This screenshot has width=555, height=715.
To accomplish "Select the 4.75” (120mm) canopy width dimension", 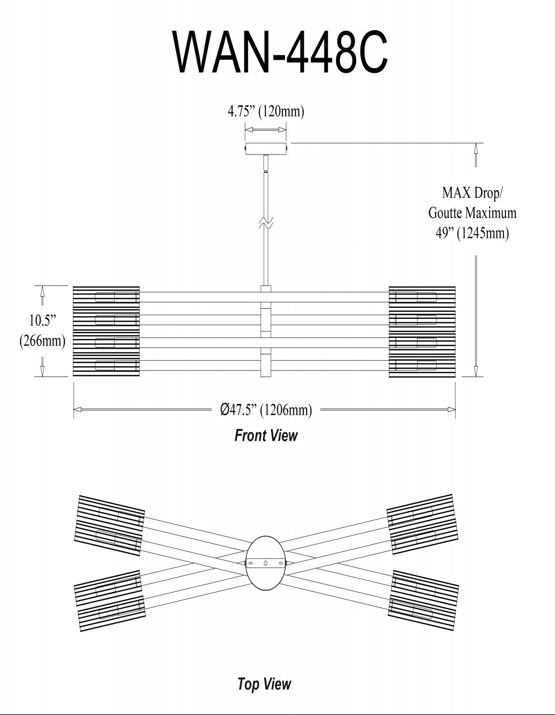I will [x=266, y=112].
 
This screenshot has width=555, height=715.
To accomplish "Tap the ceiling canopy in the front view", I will [x=266, y=148].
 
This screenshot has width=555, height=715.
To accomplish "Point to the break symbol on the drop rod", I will [x=266, y=223].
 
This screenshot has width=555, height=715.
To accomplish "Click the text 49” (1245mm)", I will [x=472, y=233].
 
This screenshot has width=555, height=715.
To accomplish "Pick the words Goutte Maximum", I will [x=472, y=213].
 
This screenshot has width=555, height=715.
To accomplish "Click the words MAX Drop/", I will [x=472, y=193].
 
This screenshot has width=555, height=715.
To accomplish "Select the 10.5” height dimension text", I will [x=42, y=319].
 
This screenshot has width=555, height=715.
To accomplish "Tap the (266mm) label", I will [x=42, y=341].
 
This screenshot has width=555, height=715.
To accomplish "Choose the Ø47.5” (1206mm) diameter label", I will [x=266, y=409].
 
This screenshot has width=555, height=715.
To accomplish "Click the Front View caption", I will [x=266, y=435].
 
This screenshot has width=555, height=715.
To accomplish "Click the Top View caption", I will [x=264, y=684].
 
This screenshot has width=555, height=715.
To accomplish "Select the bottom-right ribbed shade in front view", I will [x=422, y=366].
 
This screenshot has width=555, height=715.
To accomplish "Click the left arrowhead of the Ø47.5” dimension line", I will [x=77, y=409].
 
